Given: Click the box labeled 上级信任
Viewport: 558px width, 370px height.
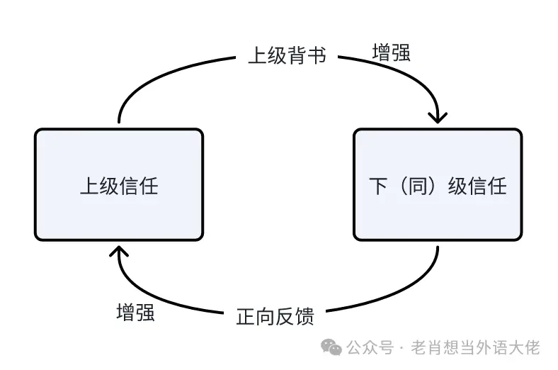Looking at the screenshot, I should (119, 184).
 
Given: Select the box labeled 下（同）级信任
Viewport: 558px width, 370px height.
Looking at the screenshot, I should (438, 184).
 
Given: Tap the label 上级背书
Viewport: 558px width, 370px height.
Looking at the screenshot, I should (287, 55).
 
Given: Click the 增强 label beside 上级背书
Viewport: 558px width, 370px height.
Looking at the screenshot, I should (391, 52).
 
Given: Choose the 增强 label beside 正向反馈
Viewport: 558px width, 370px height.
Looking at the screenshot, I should (135, 313).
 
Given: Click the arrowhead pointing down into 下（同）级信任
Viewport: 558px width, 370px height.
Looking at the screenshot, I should (438, 115).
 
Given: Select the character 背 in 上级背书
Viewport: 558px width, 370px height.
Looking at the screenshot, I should (297, 55).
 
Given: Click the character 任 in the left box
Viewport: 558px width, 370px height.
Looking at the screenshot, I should (149, 186).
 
